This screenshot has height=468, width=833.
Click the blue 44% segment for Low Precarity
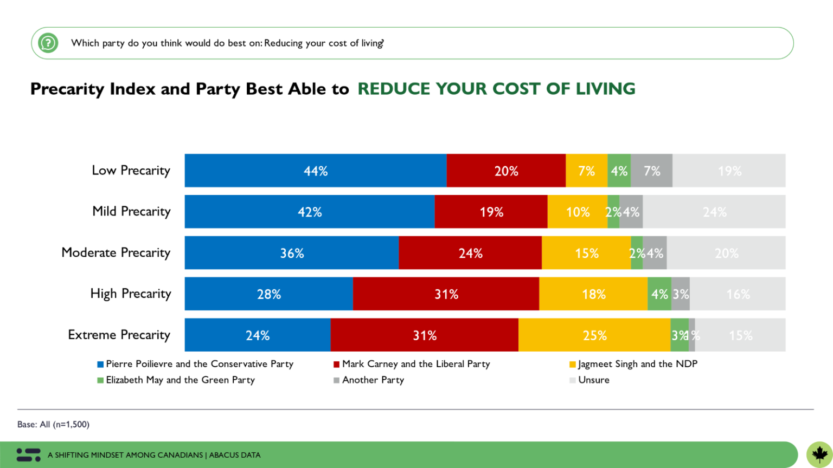[x=316, y=171]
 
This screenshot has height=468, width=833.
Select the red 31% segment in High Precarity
[x=446, y=294]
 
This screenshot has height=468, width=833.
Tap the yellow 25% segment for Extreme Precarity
[x=594, y=335]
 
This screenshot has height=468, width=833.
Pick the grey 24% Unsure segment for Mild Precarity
[x=714, y=212]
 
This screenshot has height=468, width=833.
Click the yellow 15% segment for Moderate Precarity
[x=586, y=253]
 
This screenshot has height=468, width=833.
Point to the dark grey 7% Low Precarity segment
[x=651, y=171]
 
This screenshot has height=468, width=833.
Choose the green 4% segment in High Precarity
[x=659, y=294]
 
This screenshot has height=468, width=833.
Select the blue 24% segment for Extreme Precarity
[x=258, y=335]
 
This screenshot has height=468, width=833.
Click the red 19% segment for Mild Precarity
[x=491, y=212]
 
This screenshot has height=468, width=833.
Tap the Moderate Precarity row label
[x=116, y=252]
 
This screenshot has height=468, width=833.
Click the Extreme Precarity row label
[x=119, y=335]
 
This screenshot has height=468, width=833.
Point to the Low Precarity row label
[x=131, y=170]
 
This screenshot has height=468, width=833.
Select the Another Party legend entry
[x=373, y=380]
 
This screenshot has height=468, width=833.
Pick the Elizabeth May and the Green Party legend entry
[x=180, y=380]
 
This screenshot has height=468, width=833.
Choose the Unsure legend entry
[x=593, y=380]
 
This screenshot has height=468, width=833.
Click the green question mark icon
[x=48, y=43]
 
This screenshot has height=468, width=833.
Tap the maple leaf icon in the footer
[x=819, y=454]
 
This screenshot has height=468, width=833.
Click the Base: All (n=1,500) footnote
[x=53, y=425]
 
